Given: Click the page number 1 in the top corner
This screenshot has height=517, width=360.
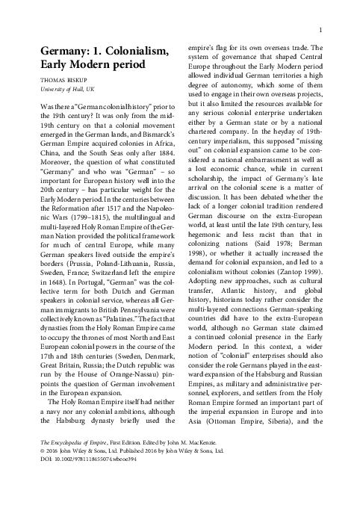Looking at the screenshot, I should pos(320,29).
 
